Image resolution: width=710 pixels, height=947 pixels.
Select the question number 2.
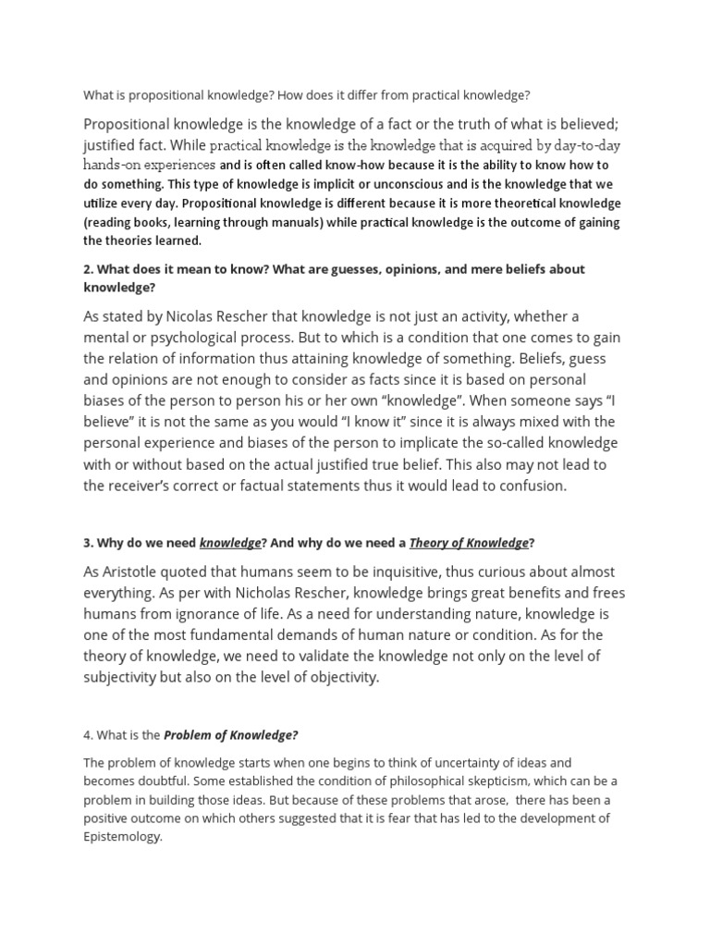click(x=88, y=269)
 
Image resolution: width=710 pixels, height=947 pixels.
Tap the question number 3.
click(x=88, y=543)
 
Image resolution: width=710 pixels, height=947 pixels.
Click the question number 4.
click(x=88, y=735)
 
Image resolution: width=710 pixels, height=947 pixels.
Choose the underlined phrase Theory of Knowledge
click(x=469, y=543)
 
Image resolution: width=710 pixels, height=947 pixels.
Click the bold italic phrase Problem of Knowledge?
click(x=231, y=735)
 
